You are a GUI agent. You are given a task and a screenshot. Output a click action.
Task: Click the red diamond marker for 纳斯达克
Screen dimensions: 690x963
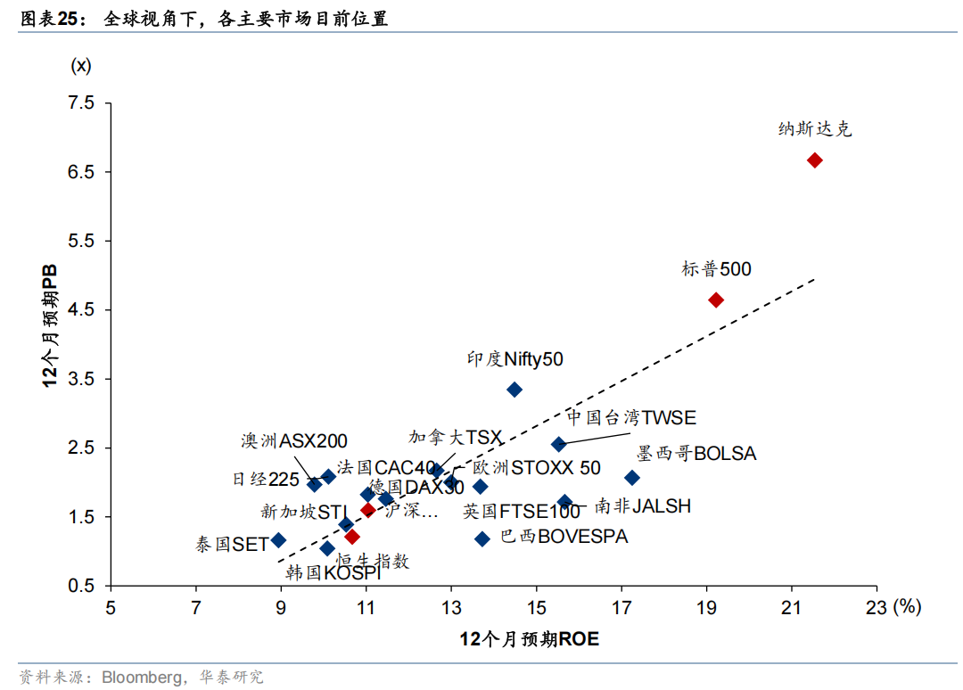pos(814,160)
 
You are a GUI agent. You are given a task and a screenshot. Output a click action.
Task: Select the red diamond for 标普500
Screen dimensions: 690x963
pos(715,300)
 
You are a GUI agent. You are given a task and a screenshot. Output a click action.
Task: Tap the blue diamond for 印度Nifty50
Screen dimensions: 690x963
pos(514,390)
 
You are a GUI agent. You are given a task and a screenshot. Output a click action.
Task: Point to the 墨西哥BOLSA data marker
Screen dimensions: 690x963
pos(632,478)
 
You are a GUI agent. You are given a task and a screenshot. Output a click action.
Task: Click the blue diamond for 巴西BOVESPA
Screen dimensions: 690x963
pos(482,538)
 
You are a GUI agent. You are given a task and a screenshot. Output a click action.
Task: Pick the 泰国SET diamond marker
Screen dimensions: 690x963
pos(278,540)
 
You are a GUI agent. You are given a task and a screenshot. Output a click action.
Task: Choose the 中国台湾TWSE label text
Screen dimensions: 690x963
pos(631,418)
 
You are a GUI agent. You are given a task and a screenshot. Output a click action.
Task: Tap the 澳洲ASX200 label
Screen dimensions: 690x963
pos(294,441)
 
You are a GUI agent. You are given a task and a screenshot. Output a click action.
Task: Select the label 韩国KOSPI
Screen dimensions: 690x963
pos(333,573)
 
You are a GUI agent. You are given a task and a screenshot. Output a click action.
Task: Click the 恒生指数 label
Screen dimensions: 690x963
pos(373,561)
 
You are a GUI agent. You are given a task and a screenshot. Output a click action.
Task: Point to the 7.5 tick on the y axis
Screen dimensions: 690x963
pos(81,103)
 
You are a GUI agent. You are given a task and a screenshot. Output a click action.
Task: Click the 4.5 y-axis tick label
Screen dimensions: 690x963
pos(81,310)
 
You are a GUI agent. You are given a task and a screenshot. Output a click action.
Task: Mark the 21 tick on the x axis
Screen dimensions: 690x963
pos(791,608)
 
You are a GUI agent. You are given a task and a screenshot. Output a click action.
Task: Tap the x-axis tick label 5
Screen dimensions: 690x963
pos(111,608)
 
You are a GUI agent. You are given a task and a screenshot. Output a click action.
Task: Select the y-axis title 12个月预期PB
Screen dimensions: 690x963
pos(52,324)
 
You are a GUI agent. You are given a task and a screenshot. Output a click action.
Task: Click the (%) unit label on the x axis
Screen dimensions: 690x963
pos(907,607)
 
